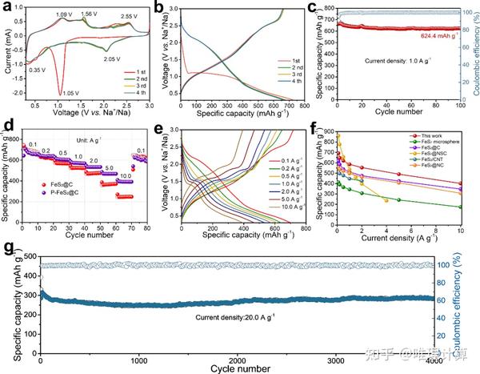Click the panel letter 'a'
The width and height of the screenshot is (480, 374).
click(x=6, y=8)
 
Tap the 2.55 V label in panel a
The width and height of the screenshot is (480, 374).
click(x=129, y=16)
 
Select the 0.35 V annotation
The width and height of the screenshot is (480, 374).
click(x=38, y=70)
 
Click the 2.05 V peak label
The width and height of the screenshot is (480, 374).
click(x=111, y=58)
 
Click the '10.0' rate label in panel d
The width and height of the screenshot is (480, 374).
click(x=126, y=175)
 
